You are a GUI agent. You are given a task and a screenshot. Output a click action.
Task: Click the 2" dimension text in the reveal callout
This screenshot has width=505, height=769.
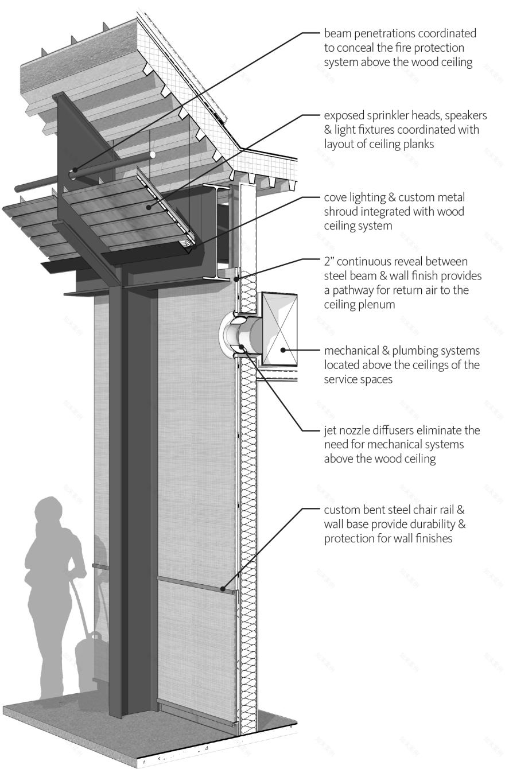click(x=329, y=262)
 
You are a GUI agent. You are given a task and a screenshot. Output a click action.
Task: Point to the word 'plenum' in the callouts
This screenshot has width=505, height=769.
click(x=374, y=305)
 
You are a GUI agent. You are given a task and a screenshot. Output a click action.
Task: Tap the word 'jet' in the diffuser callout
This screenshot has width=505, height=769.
click(x=330, y=430)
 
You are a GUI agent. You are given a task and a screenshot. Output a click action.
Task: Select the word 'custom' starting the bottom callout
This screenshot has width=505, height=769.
click(x=342, y=510)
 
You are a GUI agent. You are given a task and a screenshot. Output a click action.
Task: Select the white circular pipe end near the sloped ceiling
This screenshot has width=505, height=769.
click(x=153, y=154)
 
